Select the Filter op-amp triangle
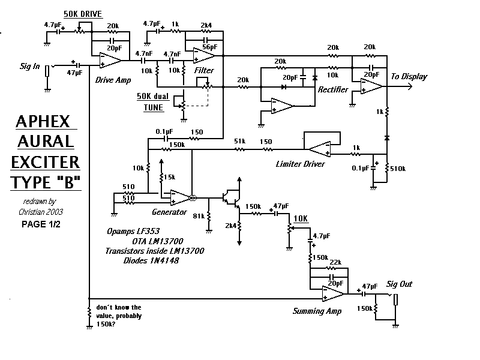click(205, 56)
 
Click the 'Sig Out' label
click(399, 284)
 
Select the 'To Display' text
click(409, 77)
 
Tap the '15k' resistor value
click(170, 177)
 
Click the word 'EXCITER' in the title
click(45, 161)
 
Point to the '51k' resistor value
click(239, 141)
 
